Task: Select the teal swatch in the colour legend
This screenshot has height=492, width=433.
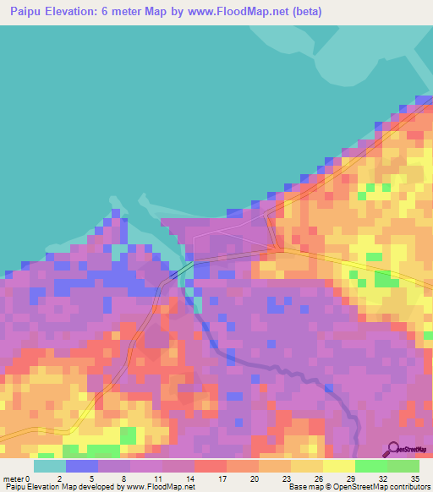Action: [x=50, y=465]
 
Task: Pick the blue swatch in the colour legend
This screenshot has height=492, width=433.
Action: [x=82, y=465]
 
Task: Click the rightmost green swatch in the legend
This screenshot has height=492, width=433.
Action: [x=403, y=465]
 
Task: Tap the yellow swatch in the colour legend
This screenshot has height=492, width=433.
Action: [x=339, y=465]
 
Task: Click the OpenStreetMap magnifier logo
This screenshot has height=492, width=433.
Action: [x=394, y=450]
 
